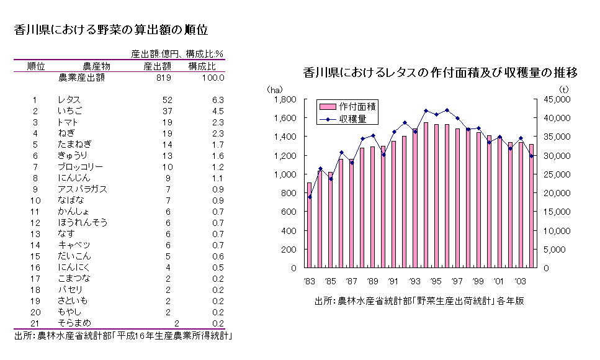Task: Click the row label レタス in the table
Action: pyautogui.click(x=68, y=100)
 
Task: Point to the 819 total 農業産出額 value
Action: pyautogui.click(x=164, y=78)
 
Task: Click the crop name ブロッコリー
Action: pyautogui.click(x=80, y=167)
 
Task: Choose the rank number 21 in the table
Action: pyautogui.click(x=35, y=323)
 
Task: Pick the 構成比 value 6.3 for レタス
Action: pyautogui.click(x=217, y=100)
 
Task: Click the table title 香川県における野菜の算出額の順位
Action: pyautogui.click(x=110, y=29)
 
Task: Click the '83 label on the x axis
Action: pyautogui.click(x=310, y=279)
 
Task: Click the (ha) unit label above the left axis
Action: pyautogui.click(x=274, y=90)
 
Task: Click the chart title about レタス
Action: pyautogui.click(x=440, y=73)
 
